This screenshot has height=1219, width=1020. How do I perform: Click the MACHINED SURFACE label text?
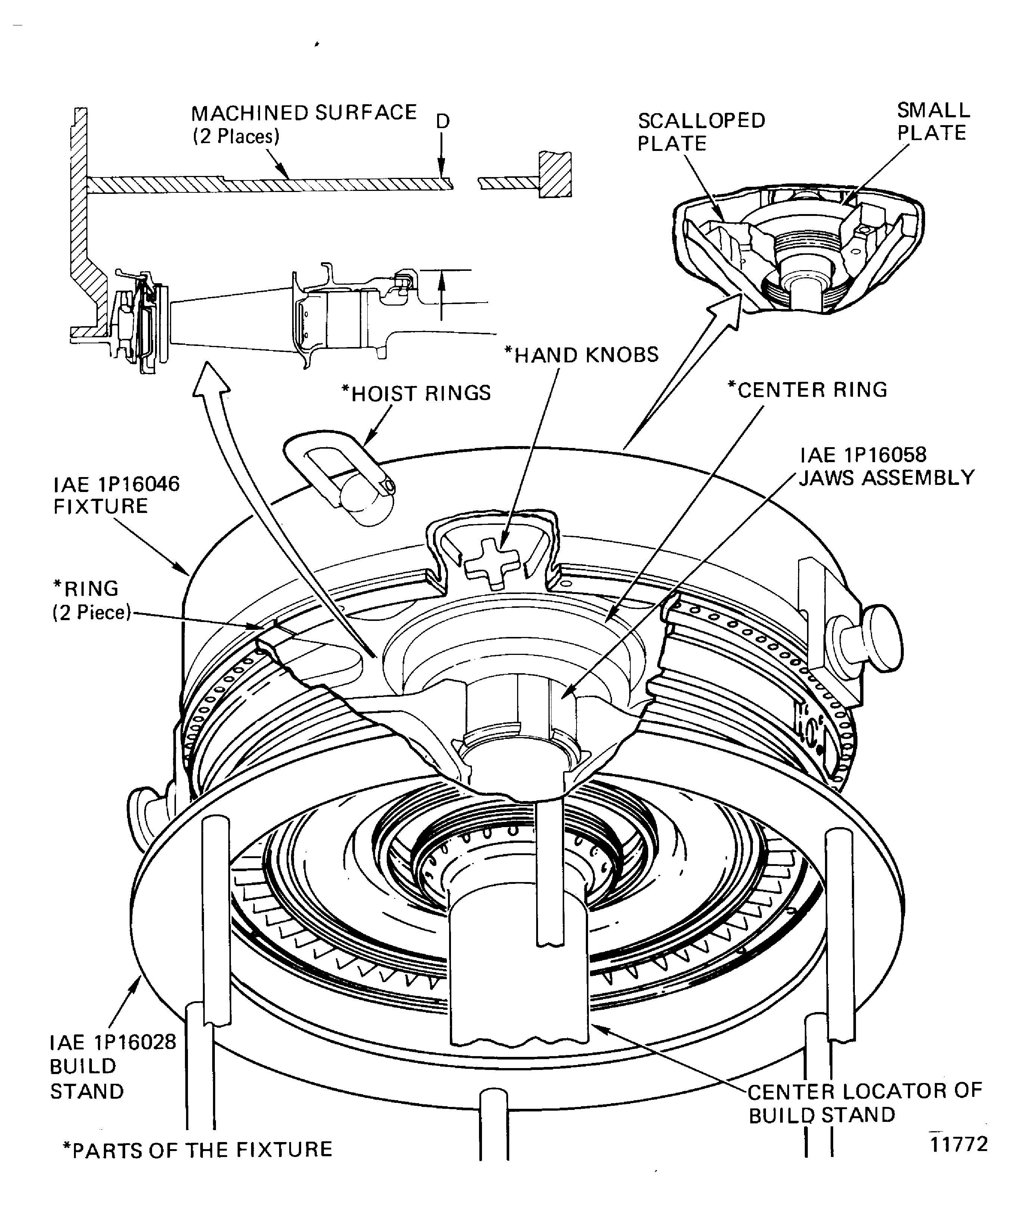304,113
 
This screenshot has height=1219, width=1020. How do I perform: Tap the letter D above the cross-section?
443,121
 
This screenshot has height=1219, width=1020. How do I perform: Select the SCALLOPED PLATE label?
701,132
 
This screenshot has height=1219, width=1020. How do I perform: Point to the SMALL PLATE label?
932,121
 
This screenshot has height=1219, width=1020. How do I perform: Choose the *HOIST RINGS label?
416,393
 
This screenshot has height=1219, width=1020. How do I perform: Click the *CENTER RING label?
807,390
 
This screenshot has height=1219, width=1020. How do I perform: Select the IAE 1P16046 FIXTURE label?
116,495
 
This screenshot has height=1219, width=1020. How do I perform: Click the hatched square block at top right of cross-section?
554,174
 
